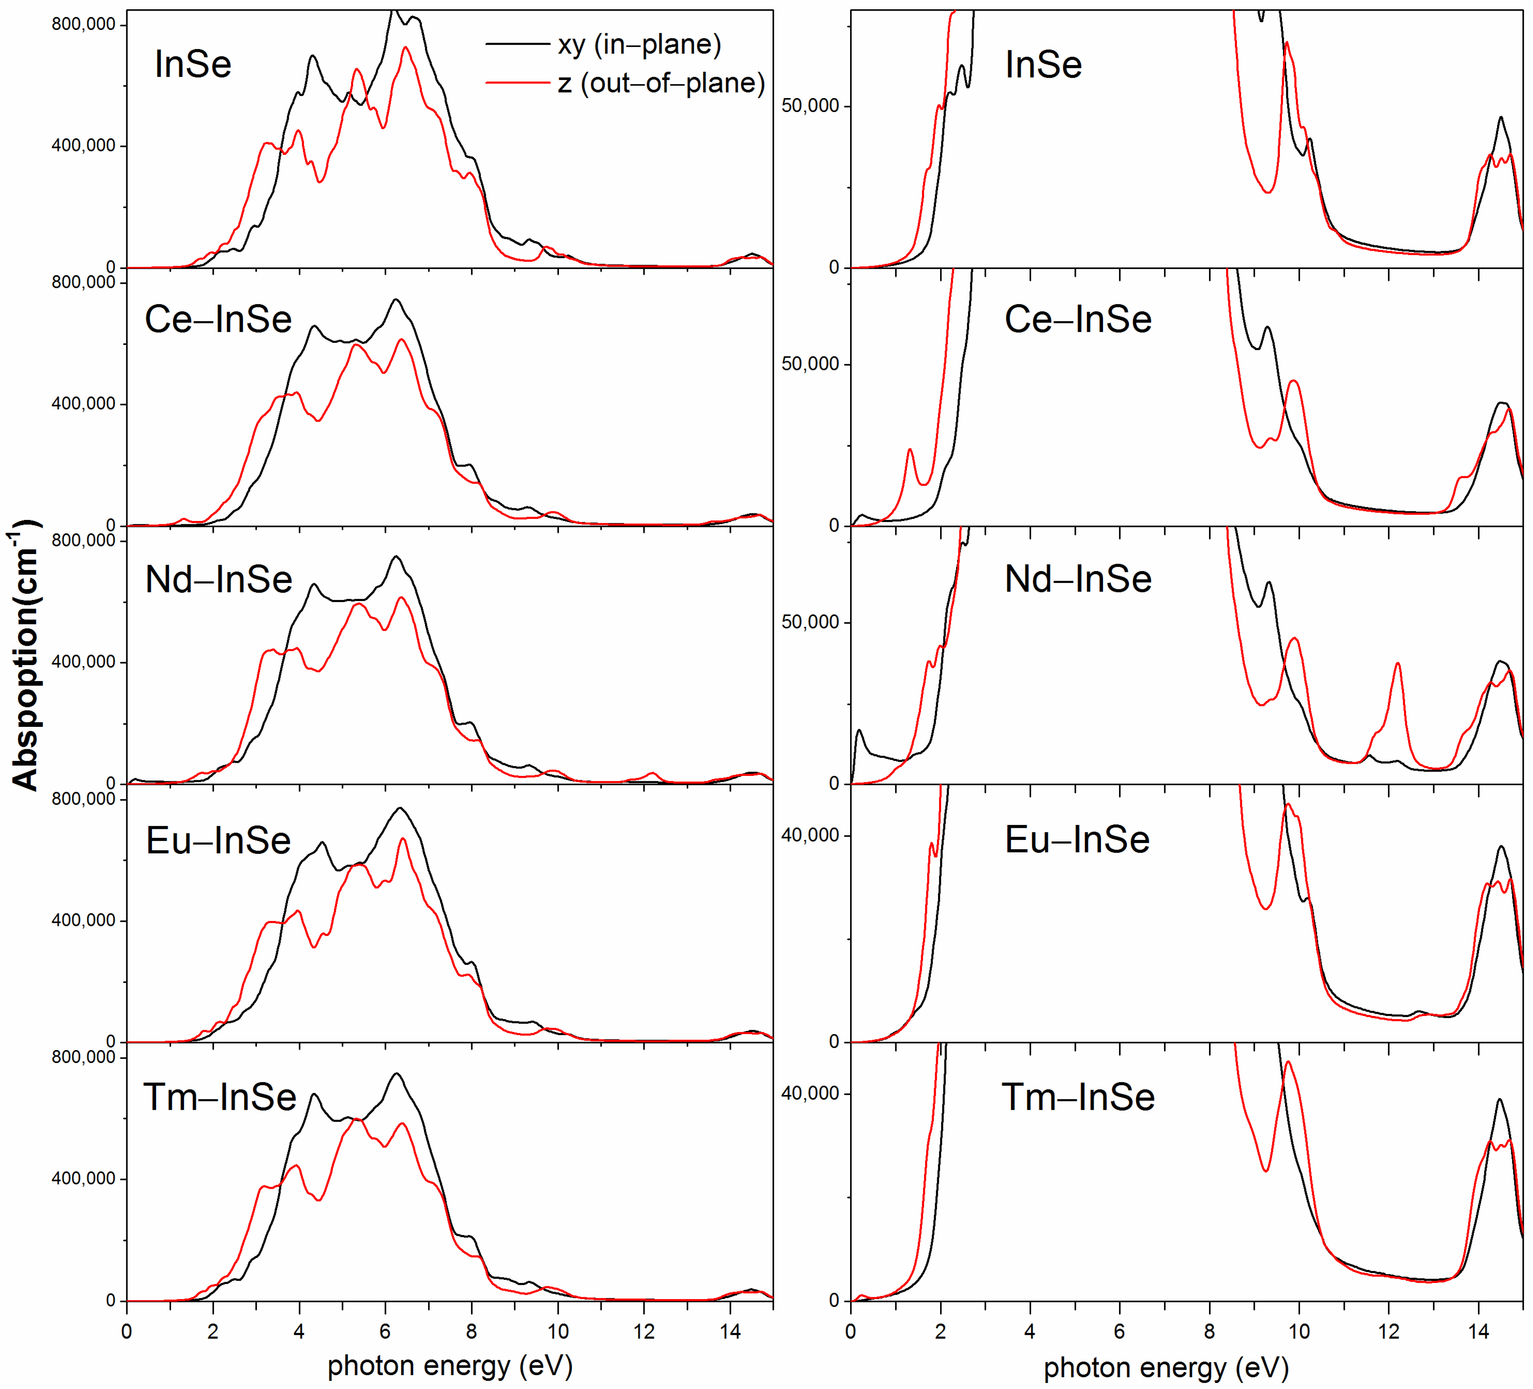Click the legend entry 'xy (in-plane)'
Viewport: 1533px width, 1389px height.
[639, 45]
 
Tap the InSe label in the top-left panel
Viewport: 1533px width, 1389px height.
[192, 64]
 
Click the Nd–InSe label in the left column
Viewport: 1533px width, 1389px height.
[218, 579]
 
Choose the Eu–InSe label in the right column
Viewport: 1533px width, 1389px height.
[1077, 840]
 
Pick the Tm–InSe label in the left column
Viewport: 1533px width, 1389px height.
[220, 1097]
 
